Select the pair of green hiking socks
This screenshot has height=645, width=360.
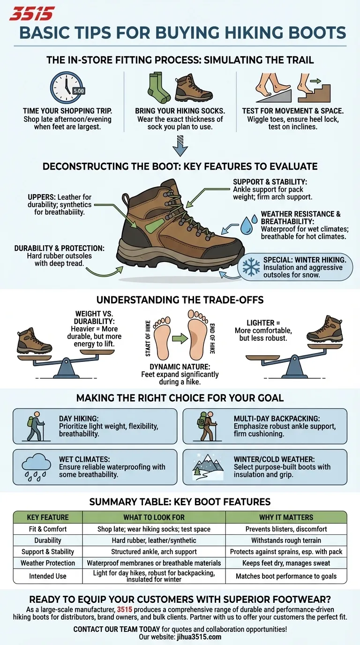(159, 88)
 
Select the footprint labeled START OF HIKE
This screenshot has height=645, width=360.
(162, 336)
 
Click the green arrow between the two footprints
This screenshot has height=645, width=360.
(180, 337)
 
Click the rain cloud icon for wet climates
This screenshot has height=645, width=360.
(36, 466)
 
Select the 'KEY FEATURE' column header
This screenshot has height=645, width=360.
(48, 517)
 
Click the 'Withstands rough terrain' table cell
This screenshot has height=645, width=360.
(286, 540)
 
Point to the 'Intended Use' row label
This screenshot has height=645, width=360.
(48, 576)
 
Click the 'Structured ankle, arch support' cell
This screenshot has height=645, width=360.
(154, 552)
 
